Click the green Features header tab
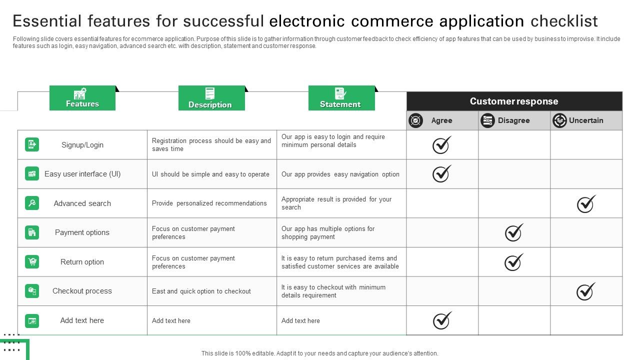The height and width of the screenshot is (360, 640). click(82, 98)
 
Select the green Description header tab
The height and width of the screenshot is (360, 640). click(211, 98)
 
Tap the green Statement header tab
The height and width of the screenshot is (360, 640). click(341, 98)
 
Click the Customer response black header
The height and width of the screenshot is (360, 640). click(514, 101)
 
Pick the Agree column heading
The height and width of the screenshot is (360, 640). click(441, 120)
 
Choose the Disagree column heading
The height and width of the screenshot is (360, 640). click(513, 120)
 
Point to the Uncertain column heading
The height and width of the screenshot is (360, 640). click(586, 120)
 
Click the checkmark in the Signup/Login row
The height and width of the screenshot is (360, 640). click(441, 145)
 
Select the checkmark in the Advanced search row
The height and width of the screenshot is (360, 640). click(586, 203)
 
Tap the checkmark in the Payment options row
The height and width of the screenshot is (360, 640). click(513, 232)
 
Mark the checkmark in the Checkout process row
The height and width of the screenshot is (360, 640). click(586, 291)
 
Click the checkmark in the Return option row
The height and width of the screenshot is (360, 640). click(513, 262)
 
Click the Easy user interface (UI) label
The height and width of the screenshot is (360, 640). click(82, 174)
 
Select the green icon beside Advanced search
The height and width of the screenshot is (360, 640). click(32, 203)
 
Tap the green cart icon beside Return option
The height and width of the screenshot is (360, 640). click(32, 261)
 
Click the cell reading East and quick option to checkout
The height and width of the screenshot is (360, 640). click(201, 291)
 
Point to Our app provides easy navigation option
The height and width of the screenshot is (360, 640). click(340, 174)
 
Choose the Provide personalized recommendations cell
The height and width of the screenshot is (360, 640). click(209, 203)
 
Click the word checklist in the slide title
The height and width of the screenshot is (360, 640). click(564, 21)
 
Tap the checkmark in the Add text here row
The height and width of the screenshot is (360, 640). click(441, 320)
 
